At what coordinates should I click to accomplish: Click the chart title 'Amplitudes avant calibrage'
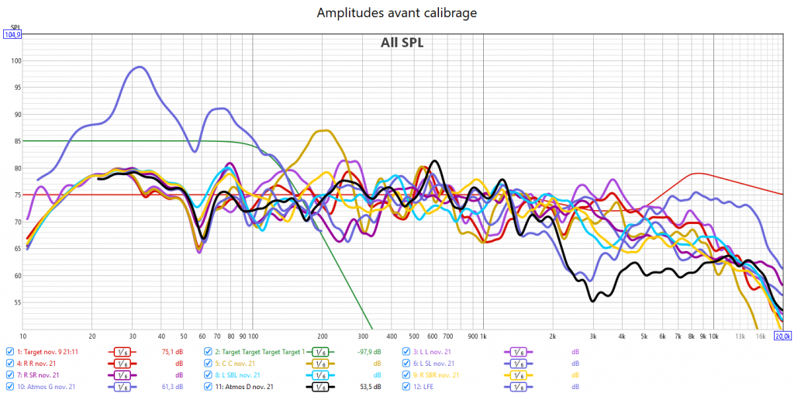(396, 13)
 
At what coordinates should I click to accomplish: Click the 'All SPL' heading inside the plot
(402, 43)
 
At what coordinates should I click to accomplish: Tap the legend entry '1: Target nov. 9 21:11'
(52, 351)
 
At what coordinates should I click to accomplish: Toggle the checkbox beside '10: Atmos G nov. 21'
(9, 386)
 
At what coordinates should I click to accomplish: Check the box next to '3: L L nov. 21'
(406, 351)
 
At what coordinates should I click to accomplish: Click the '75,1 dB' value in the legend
(170, 351)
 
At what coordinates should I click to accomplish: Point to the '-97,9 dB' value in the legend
(368, 351)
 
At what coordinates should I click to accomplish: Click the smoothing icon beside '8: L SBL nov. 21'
(320, 374)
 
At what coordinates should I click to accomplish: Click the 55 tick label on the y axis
(15, 302)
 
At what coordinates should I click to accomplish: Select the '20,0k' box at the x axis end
(782, 336)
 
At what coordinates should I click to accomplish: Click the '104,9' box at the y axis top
(12, 34)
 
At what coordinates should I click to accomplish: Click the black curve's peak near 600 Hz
(436, 161)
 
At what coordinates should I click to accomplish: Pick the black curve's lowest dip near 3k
(594, 301)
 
